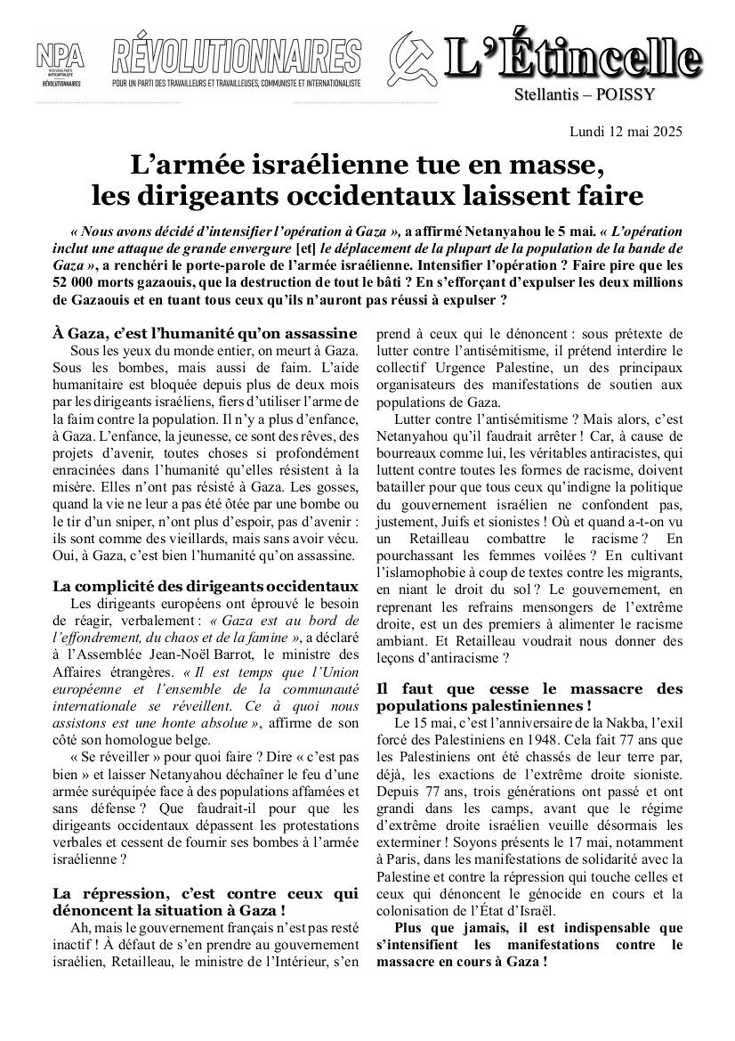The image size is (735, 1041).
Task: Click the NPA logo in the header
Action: (x=61, y=63)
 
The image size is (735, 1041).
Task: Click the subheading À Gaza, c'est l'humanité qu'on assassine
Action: (x=205, y=333)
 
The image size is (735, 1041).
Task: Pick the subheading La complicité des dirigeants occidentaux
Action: (x=205, y=586)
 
